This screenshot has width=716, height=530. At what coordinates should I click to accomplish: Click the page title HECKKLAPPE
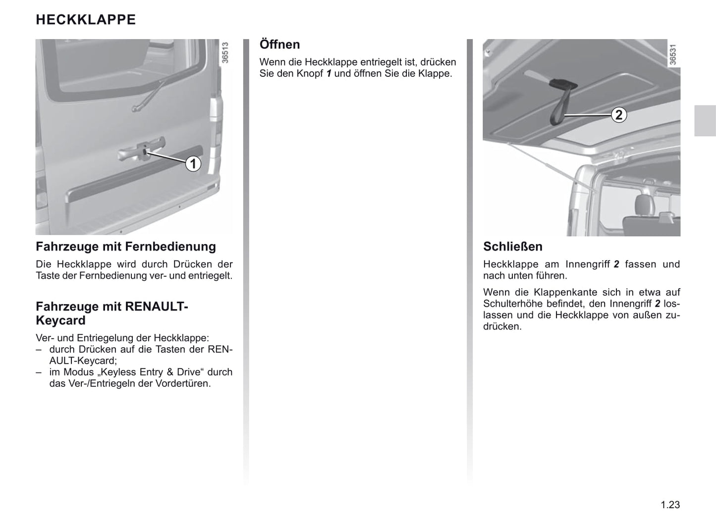pos(86,20)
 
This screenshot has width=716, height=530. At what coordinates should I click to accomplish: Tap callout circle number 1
pos(193,163)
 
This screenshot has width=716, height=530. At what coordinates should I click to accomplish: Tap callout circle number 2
pos(618,115)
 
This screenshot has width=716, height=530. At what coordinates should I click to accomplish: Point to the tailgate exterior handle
pos(142,151)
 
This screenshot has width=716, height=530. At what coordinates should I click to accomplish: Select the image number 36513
pos(225,53)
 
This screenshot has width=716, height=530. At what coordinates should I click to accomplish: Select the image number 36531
pos(672,54)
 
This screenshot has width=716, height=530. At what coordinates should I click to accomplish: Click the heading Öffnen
pos(280,45)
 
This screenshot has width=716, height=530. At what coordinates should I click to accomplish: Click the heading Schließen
pos(513,247)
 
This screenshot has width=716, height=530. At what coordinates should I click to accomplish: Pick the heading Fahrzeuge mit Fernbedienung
pos(126,247)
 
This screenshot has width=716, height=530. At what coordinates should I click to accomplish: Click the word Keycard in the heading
pos(60,320)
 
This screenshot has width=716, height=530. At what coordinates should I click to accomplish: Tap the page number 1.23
pos(670,505)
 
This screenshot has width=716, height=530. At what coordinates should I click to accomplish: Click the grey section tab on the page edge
pos(705,121)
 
